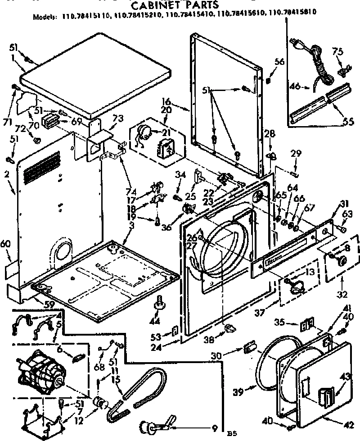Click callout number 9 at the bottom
(215, 428)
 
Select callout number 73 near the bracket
(118, 118)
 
